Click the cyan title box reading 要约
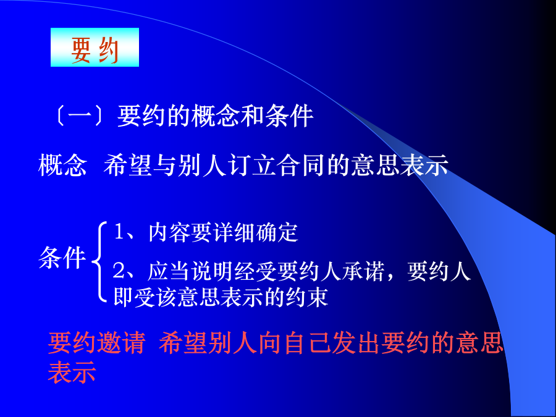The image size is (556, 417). [95, 47]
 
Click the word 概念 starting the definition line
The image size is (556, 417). [62, 165]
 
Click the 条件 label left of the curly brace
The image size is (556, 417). [62, 257]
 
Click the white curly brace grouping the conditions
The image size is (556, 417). [99, 262]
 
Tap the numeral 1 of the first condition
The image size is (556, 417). [119, 232]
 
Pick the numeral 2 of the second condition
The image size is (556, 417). [119, 271]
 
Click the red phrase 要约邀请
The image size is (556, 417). [96, 343]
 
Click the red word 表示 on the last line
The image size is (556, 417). [72, 372]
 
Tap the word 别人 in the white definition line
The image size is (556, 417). [203, 165]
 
